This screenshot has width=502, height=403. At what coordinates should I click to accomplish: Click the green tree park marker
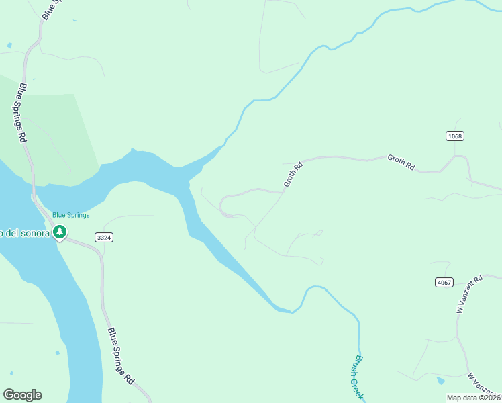60,232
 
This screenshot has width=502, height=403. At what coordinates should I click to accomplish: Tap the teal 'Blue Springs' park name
71,215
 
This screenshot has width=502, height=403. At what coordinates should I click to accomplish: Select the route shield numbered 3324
103,237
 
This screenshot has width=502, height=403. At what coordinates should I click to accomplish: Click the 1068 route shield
454,136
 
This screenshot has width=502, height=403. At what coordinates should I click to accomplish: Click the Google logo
22,395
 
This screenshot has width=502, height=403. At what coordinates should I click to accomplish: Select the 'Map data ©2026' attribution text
473,398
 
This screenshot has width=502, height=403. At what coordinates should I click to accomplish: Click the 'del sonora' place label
24,233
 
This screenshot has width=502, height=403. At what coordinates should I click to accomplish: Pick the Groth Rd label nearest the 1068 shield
401,161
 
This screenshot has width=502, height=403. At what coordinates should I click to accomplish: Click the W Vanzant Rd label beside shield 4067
469,294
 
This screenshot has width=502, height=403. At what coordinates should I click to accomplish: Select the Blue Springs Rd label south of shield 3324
121,356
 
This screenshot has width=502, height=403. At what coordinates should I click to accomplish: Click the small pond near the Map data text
440,381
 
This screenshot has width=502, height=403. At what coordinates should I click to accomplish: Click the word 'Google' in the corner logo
22,395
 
